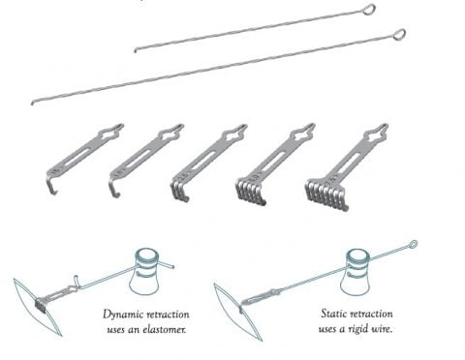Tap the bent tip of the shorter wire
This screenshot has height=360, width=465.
[136, 50]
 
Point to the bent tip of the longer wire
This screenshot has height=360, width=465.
[33, 103]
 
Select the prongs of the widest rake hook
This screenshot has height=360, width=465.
[326, 195]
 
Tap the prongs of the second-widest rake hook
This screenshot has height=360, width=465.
[251, 192]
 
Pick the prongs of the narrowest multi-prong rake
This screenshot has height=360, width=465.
[179, 192]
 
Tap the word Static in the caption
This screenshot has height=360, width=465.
[334, 314]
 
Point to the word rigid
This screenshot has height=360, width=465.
[364, 330]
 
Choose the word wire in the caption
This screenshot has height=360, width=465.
[385, 329]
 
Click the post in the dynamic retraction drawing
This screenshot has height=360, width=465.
[145, 271]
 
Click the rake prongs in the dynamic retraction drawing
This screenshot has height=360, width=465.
[41, 304]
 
